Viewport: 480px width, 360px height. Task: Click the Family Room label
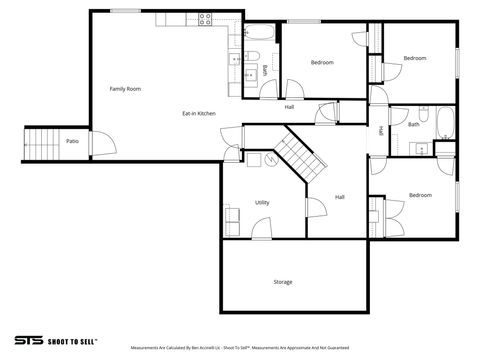click(x=125, y=89)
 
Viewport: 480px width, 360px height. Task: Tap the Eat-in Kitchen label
click(x=199, y=113)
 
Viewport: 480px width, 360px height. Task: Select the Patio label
click(x=72, y=141)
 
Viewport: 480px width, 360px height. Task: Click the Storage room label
click(x=283, y=282)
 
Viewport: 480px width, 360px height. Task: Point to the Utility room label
click(x=262, y=202)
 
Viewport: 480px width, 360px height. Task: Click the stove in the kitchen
click(x=206, y=17)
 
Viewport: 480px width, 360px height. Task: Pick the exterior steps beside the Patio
click(x=37, y=144)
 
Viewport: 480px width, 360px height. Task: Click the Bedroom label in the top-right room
click(x=415, y=59)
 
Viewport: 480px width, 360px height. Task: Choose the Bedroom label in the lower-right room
click(x=420, y=195)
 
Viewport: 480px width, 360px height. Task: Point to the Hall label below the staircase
click(x=340, y=196)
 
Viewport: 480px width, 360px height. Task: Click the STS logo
click(x=29, y=341)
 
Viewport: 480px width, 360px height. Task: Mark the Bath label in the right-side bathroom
click(x=413, y=124)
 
